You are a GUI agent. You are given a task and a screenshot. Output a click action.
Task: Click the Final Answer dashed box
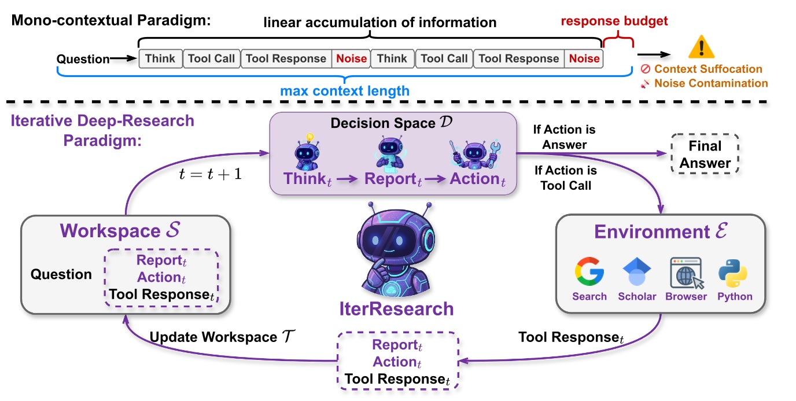click(x=705, y=154)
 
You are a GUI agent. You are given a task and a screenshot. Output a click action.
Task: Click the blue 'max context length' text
click(x=345, y=91)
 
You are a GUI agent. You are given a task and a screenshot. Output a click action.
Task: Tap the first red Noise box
click(x=351, y=58)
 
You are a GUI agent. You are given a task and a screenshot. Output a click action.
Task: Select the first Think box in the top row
click(x=160, y=58)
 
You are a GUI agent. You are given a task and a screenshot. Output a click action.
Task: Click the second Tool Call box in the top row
click(x=444, y=58)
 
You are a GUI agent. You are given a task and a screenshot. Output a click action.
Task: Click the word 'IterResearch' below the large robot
click(x=396, y=308)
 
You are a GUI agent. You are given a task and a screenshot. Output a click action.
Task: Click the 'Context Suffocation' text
click(x=708, y=69)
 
